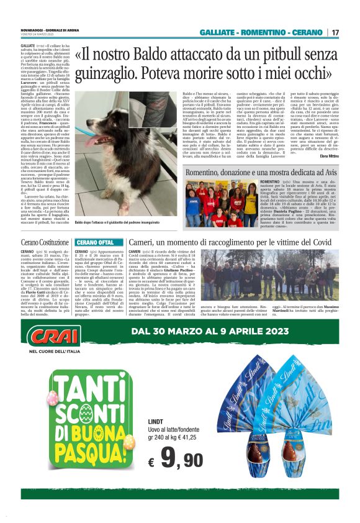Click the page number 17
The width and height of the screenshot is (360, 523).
coord(335,32)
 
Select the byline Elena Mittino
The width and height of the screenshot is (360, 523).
coord(329,155)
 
